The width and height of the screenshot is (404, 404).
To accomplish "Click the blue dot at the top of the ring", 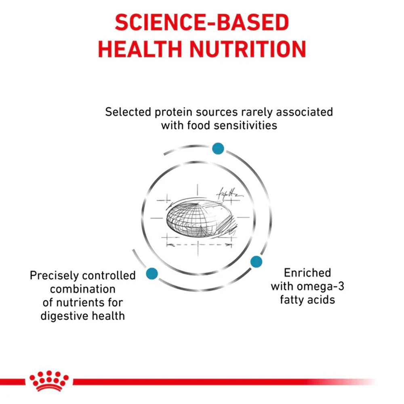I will click(x=218, y=148).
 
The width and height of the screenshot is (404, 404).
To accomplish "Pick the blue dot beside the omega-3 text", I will click(x=256, y=262).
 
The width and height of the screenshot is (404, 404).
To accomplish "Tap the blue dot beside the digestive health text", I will click(x=152, y=274).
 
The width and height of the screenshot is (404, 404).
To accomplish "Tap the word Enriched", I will click(x=307, y=273).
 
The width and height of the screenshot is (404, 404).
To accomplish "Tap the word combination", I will click(x=83, y=289).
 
